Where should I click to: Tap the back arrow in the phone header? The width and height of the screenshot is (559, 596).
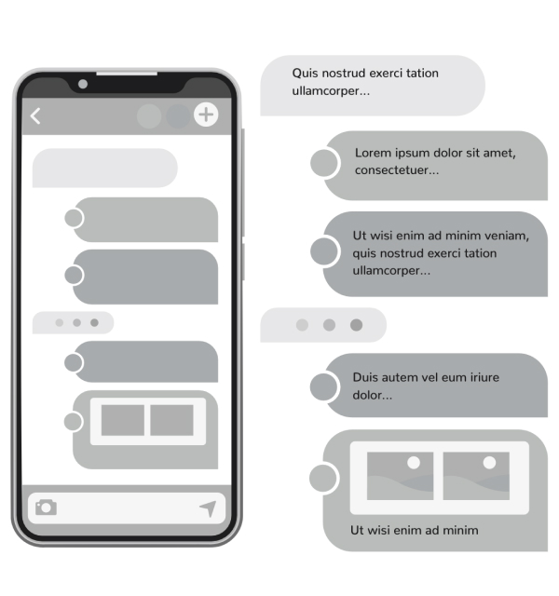(x=35, y=115)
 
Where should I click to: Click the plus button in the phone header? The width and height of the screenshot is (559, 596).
(x=206, y=115)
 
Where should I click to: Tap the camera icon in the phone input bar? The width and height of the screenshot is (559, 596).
(x=46, y=508)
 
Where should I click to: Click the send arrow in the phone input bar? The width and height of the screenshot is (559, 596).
(x=209, y=508)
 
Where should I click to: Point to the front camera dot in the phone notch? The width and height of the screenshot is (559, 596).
(x=83, y=84)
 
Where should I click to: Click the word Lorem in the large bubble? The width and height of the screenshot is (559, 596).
(x=373, y=153)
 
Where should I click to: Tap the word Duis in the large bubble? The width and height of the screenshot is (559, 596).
(x=366, y=377)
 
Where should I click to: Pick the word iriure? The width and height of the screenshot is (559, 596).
(x=481, y=377)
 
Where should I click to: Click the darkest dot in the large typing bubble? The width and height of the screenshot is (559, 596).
(x=356, y=325)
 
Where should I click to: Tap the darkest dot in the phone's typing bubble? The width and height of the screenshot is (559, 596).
(x=94, y=323)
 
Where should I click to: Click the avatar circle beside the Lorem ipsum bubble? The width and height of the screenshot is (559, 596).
(x=323, y=163)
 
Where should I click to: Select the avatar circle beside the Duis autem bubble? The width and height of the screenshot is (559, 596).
(x=323, y=386)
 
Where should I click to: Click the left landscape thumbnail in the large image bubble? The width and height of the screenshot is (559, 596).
(x=400, y=476)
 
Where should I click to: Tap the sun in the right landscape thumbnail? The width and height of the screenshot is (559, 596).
(x=489, y=463)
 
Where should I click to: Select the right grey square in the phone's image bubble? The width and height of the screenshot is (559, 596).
(x=171, y=420)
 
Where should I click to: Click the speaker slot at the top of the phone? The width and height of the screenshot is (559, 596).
(x=127, y=73)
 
